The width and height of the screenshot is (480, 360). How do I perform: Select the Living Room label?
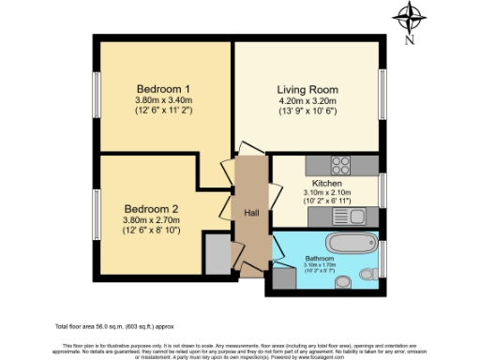pyautogui.click(x=308, y=90)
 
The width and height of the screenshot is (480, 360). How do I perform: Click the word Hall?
pyautogui.click(x=253, y=212)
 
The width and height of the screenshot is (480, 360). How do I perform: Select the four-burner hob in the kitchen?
pyautogui.click(x=340, y=166)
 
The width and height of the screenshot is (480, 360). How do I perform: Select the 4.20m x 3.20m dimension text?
pyautogui.click(x=308, y=101)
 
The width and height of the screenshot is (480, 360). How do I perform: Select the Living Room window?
pyautogui.click(x=382, y=92)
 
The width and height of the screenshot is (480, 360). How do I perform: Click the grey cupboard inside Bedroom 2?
pyautogui.click(x=216, y=252)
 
